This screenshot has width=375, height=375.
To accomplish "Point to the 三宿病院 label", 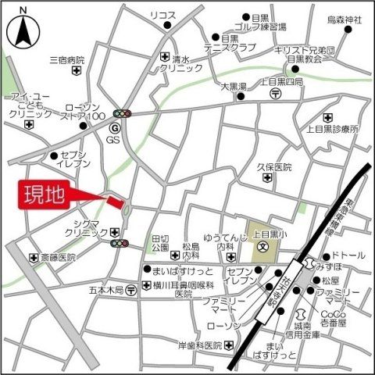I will (x=66, y=59).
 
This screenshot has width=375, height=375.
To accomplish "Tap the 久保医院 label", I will (x=274, y=167).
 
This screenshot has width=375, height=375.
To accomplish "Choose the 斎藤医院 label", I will (x=59, y=257).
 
